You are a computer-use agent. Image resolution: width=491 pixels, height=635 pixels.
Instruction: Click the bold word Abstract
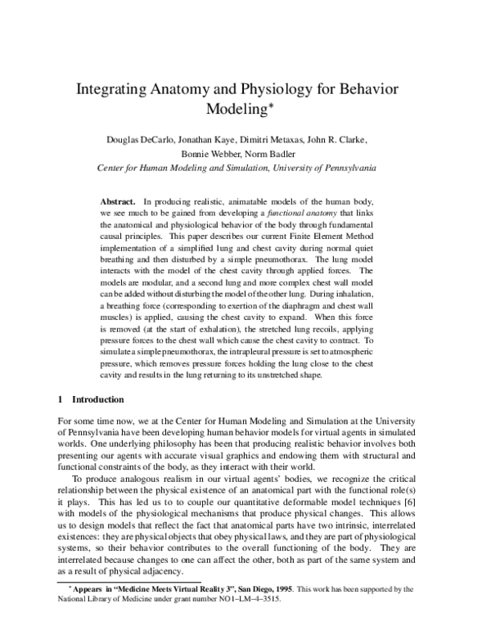117,200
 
